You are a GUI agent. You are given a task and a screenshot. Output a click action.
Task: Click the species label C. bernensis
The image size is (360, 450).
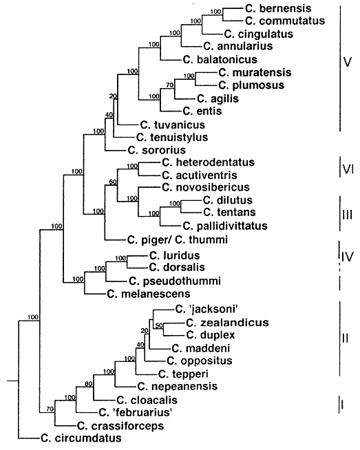tap(278, 8)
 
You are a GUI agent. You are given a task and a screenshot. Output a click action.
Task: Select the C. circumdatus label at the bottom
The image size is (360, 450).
tap(81, 438)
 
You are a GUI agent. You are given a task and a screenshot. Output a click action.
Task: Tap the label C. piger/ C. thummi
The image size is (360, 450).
tap(178, 239)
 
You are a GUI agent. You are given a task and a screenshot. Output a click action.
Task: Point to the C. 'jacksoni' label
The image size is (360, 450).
tap(207, 310)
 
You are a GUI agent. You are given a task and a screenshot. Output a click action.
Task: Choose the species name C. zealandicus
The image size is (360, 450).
tap(227, 323)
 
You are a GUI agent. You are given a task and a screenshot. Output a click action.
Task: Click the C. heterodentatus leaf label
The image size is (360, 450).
tap(208, 162)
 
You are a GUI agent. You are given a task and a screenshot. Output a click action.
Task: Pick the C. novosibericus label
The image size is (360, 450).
tap(206, 187)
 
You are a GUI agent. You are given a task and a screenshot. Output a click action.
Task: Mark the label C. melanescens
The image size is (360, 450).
tap(149, 294)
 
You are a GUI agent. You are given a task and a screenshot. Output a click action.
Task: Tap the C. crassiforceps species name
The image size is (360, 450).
tap(120, 426)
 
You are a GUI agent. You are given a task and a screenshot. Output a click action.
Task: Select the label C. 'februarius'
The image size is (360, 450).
tap(136, 413)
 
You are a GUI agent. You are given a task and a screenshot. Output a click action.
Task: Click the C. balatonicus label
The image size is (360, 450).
tap(220, 60)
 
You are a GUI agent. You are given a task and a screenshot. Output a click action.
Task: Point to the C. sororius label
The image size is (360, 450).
tap(157, 150)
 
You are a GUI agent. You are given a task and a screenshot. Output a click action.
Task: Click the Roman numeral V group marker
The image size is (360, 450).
tap(348, 62)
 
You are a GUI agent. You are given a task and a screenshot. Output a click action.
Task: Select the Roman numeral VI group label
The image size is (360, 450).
tap(348, 169)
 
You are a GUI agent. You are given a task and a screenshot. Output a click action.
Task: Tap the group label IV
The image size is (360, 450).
tap(348, 257)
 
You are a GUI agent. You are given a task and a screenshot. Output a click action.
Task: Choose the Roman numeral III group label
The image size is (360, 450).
tap(348, 215)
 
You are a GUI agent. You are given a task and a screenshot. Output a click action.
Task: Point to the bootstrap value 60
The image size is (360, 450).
tap(113, 182)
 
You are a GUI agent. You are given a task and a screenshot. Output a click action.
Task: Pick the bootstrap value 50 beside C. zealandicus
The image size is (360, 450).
tap(159, 325)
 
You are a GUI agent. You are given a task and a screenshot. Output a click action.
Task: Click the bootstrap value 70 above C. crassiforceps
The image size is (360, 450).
tap(50, 409)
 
